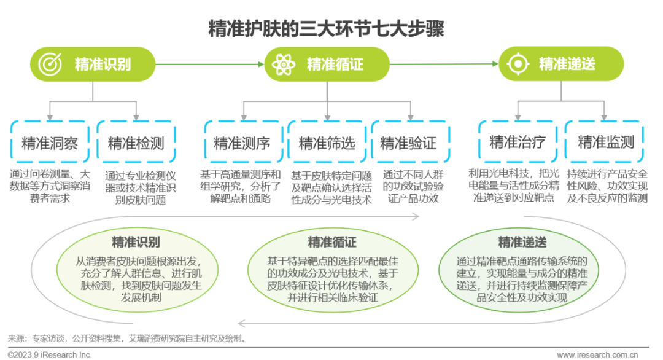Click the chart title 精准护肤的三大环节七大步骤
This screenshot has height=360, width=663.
[x=326, y=29]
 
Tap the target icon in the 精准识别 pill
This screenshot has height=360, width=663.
[x=50, y=65]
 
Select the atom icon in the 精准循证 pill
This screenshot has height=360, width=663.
[x=283, y=65]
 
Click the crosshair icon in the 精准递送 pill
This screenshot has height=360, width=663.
[x=518, y=64]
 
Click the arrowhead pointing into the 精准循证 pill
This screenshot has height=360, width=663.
[x=262, y=65]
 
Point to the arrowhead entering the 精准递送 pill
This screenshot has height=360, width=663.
[x=495, y=64]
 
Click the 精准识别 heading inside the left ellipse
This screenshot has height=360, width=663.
[x=136, y=242]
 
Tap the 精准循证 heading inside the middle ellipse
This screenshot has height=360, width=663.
[x=332, y=242]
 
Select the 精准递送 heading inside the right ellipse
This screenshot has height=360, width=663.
[x=522, y=242]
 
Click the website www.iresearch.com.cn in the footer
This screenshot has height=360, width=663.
[x=597, y=355]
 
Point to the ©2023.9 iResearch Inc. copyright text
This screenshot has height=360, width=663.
[x=50, y=355]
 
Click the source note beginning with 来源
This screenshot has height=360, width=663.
[x=127, y=338]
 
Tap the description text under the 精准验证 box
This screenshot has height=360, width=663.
[x=413, y=186]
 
